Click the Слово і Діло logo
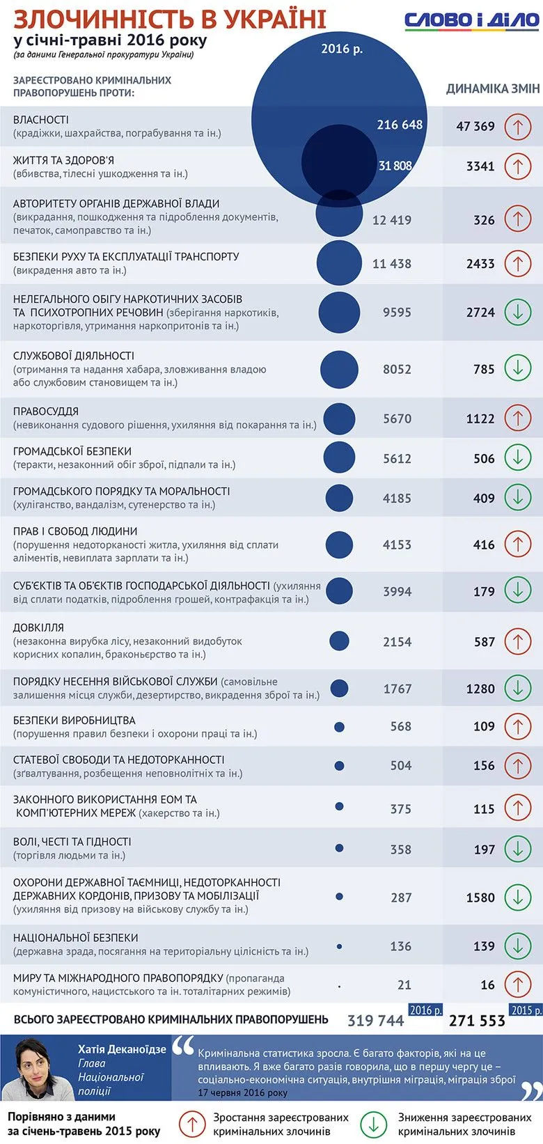(x=471, y=20)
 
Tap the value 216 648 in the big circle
(x=400, y=125)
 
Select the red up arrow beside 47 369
(x=517, y=127)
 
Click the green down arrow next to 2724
(x=517, y=312)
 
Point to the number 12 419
(x=392, y=220)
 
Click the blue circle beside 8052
(x=339, y=369)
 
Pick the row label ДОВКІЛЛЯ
(x=38, y=627)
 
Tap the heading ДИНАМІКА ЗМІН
(x=492, y=88)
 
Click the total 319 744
(x=375, y=1021)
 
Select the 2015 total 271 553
(x=477, y=1021)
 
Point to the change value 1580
(x=480, y=898)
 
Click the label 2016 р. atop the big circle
(x=342, y=49)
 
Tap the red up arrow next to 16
(x=517, y=985)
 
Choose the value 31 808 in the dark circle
(x=395, y=166)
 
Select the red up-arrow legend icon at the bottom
(x=191, y=1123)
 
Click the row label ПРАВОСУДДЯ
(x=46, y=412)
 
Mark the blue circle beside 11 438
(x=339, y=263)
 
